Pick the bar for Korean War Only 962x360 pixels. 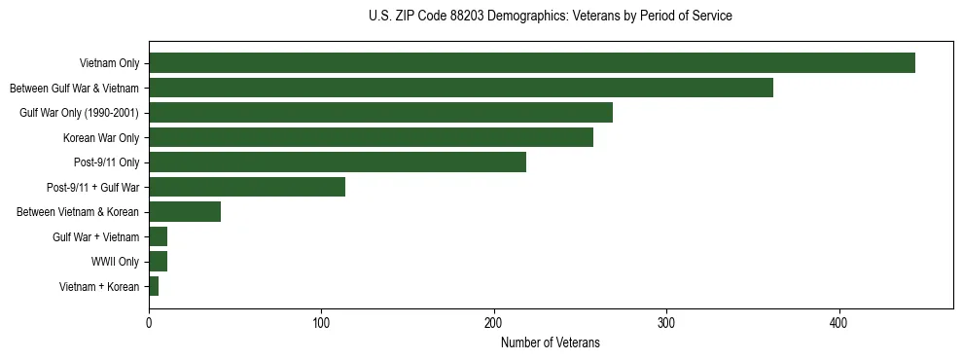[x=371, y=138]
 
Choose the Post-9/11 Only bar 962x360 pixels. [x=337, y=162]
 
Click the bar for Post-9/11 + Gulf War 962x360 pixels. [x=247, y=187]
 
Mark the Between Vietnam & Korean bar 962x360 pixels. [x=185, y=212]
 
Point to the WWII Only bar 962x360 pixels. [x=159, y=262]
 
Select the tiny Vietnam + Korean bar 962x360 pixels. [x=154, y=286]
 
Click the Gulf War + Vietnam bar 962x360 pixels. [x=159, y=236]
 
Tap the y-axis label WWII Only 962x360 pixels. [x=115, y=262]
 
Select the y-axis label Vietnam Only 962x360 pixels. [x=109, y=63]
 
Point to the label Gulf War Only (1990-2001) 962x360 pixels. [x=80, y=113]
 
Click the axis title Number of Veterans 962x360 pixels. [x=550, y=342]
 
